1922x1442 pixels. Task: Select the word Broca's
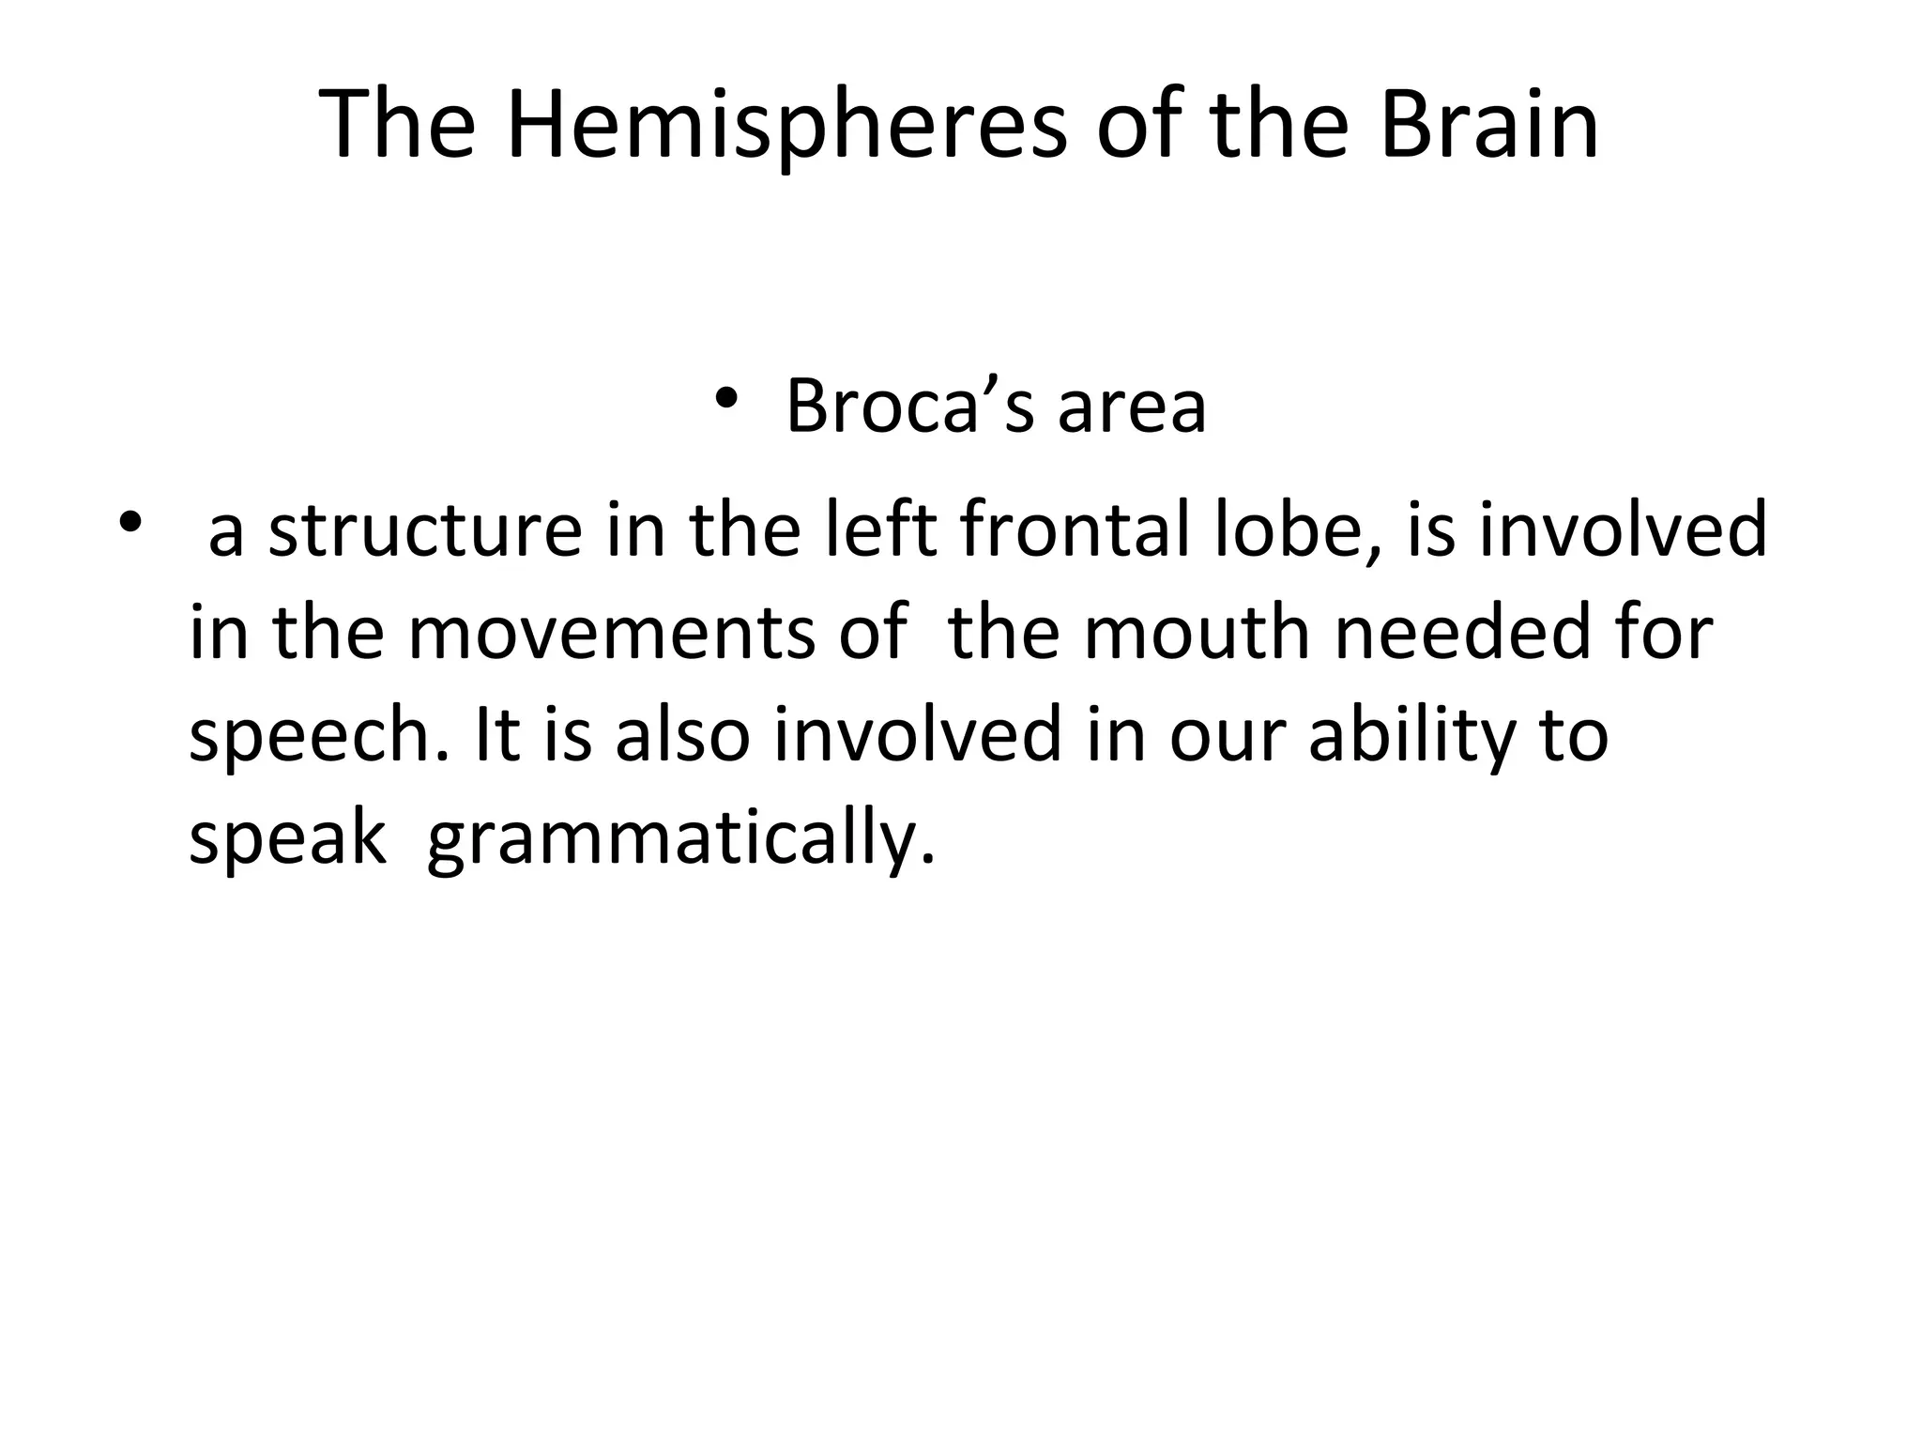[908, 406]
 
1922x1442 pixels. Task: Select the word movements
[612, 633]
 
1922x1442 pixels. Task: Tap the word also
[682, 734]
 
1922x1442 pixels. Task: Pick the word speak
[286, 837]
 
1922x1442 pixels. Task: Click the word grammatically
[680, 837]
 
